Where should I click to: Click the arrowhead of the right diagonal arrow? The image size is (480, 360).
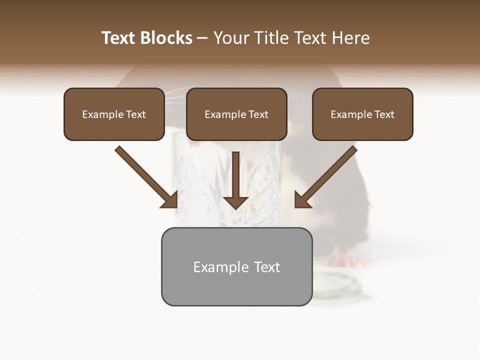coord(302,199)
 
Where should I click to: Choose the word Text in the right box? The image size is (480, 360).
coord(384,114)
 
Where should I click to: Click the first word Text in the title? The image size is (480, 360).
coord(118,38)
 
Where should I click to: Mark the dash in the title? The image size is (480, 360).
coord(202,38)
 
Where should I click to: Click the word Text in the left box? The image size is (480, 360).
coord(136,114)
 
